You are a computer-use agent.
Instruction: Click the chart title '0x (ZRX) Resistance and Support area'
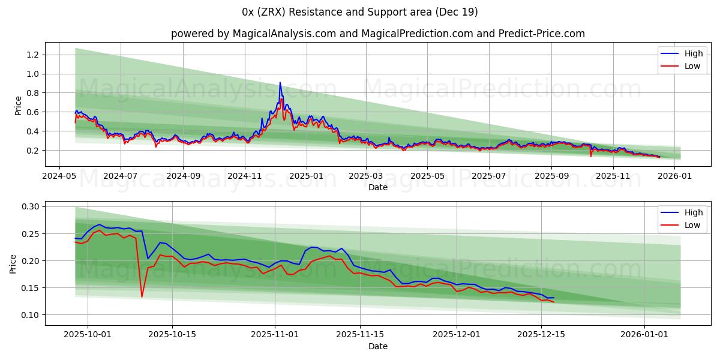360,12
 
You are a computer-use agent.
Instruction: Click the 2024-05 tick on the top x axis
59,176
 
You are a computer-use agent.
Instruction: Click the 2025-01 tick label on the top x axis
307,176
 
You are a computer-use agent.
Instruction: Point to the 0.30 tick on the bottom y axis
30,206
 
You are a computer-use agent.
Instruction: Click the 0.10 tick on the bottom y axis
30,315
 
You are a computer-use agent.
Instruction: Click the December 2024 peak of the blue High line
280,83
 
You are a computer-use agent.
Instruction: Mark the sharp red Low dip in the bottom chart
142,296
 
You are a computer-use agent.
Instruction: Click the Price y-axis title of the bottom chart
13,263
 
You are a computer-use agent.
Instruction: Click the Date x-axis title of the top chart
378,187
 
